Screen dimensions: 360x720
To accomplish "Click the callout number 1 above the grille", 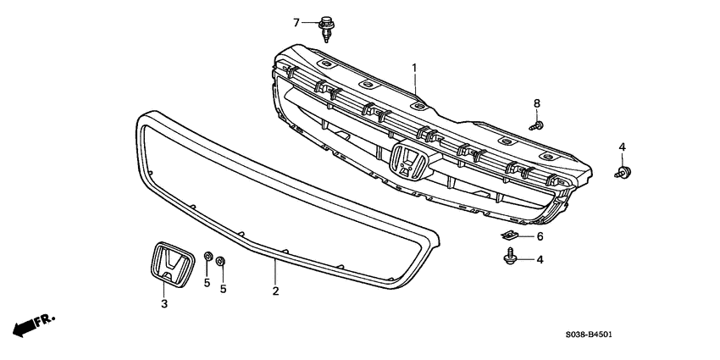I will coord(415,67).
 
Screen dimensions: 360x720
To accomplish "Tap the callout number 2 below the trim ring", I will coord(275,291).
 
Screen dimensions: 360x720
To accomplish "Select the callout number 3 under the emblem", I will coord(164,302).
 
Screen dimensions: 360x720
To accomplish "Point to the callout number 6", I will coord(540,236).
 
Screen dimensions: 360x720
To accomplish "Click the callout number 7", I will coord(296,21).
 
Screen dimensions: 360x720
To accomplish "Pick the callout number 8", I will coord(536,103).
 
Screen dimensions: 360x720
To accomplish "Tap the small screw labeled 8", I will coord(536,125).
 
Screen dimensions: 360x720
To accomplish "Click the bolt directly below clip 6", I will coord(511,255).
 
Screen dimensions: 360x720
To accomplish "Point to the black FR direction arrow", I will coord(25,326).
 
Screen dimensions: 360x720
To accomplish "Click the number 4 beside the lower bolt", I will coord(540,259).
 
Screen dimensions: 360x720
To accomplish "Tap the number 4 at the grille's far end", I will coord(622,147).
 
